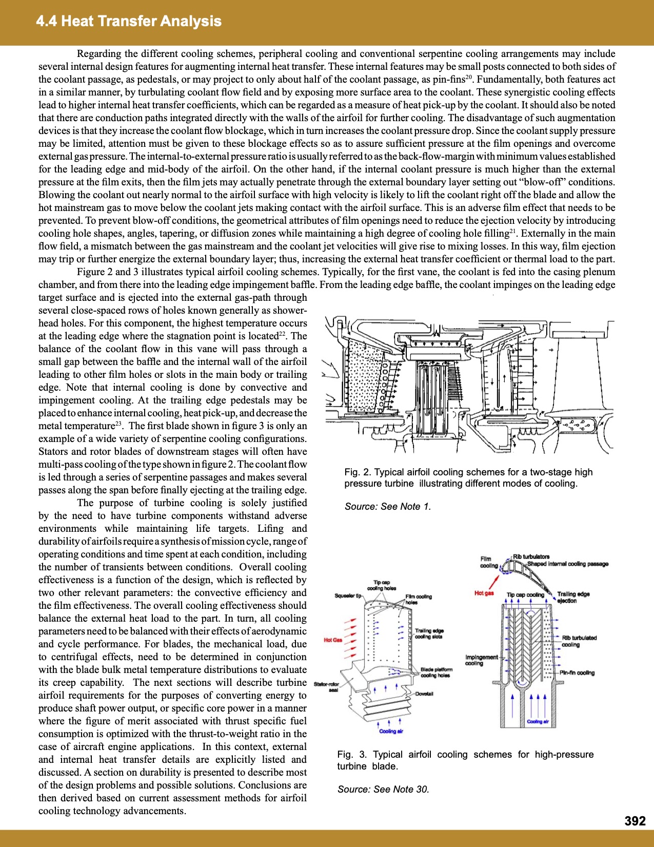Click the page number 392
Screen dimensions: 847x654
635,821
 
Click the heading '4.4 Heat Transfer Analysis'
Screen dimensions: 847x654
129,21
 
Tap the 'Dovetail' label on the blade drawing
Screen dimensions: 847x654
424,694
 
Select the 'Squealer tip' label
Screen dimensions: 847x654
348,596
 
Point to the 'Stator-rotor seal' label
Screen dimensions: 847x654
326,687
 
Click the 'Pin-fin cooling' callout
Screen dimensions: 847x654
577,672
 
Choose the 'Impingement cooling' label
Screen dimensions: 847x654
481,660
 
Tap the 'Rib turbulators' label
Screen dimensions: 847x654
531,556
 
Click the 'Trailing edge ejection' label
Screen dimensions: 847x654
573,597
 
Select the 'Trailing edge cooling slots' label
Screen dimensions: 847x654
429,633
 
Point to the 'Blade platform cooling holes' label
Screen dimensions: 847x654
436,672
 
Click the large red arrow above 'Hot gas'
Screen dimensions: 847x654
494,582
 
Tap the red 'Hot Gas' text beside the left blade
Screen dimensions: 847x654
333,640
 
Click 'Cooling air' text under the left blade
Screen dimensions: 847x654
391,731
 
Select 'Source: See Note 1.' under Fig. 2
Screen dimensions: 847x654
388,507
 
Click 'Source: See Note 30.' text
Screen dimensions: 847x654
383,790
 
